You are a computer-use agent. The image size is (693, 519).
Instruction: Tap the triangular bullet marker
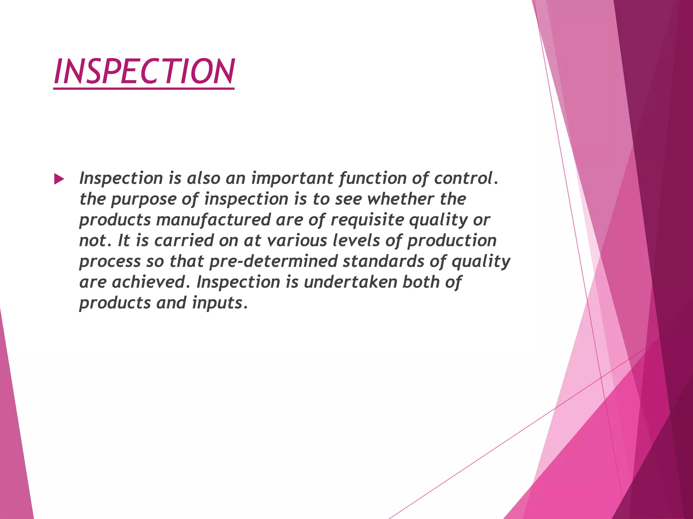point(59,179)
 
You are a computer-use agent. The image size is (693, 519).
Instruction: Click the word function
point(373,178)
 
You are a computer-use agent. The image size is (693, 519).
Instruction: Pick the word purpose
point(143,199)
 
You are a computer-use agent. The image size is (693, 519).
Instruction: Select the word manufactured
point(213,220)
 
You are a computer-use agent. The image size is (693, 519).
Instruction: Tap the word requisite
point(367,220)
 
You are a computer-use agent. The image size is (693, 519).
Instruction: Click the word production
point(452,241)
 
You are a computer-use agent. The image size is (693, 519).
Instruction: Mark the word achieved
point(149,282)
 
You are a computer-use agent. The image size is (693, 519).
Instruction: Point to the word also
point(204,178)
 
